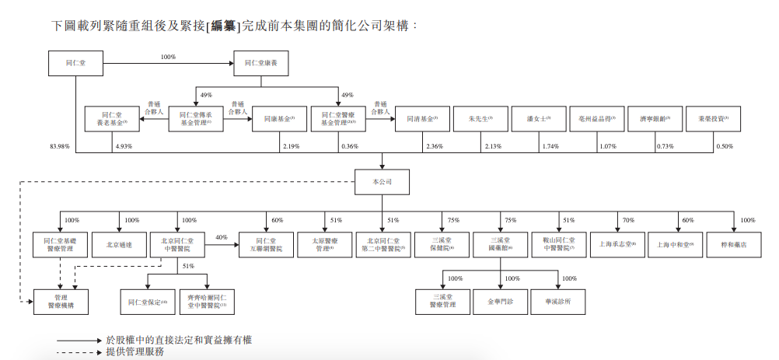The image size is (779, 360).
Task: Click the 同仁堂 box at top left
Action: coord(75,62)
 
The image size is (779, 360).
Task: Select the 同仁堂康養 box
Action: coord(261,62)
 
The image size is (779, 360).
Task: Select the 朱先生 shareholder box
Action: coord(480,119)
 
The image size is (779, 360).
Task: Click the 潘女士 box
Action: coord(538,119)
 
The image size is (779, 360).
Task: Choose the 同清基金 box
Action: coord(422,119)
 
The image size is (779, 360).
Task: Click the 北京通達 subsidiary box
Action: coord(119,245)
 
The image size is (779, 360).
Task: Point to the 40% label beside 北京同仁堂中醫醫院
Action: coord(222,237)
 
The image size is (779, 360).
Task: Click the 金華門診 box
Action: coord(500,302)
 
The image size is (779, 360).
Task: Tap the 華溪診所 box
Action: coord(557,302)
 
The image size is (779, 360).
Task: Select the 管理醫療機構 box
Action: coord(61,302)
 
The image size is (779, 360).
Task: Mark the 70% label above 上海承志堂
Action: coord(628,221)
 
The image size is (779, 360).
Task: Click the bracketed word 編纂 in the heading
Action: coord(225,26)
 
